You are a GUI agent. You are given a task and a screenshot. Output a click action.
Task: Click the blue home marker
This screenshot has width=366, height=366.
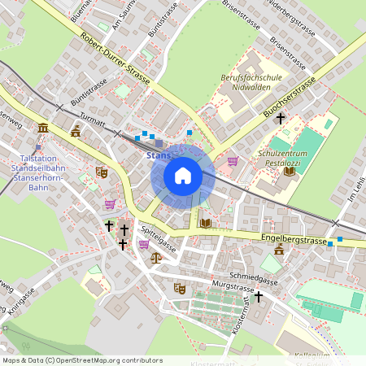click(183, 176)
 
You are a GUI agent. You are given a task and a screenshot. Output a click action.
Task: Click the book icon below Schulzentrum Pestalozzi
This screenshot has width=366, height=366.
click(290, 171)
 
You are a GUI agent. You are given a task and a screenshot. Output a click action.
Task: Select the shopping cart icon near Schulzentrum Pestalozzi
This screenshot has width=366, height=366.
click(233, 161)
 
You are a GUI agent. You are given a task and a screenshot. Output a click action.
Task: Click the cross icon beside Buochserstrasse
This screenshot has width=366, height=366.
click(281, 119)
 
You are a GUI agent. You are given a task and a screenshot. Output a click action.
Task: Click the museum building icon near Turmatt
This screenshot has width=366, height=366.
click(42, 129)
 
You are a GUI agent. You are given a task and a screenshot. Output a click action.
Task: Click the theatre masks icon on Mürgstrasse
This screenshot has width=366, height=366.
click(180, 288)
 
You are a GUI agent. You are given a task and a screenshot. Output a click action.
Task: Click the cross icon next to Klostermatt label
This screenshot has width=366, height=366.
click(259, 297)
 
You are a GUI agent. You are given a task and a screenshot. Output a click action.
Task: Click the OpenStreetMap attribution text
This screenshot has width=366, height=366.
click(82, 359)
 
